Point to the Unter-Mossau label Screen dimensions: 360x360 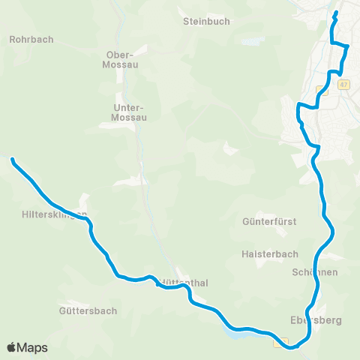click(x=128, y=112)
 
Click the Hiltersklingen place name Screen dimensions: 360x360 click(x=54, y=214)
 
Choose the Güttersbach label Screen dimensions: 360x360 click(x=85, y=309)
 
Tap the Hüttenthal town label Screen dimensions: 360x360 click(x=184, y=283)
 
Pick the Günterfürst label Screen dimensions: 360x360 click(x=270, y=222)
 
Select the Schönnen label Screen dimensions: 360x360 click(x=315, y=272)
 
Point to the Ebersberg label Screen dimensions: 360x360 click(x=316, y=320)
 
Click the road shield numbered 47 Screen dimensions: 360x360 click(x=344, y=84)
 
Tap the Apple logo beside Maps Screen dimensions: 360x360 click(x=12, y=347)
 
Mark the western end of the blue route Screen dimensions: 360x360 click(x=12, y=159)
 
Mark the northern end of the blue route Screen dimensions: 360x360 click(x=336, y=13)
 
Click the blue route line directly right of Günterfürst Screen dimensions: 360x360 click(x=327, y=222)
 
